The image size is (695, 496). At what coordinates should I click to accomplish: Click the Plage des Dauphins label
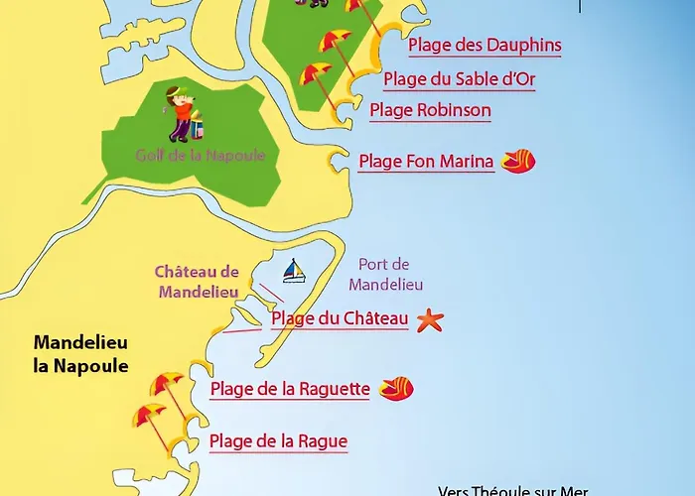(485, 46)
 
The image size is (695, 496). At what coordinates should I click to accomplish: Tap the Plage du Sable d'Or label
(459, 79)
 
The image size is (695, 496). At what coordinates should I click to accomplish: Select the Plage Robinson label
(430, 110)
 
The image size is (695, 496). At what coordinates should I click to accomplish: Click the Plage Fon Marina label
(426, 162)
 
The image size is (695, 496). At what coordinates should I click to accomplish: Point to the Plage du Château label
(340, 318)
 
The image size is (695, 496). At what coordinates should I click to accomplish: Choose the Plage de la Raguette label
(290, 390)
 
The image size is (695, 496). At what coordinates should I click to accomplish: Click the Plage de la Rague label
(278, 441)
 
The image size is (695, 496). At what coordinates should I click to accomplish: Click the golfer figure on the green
(182, 111)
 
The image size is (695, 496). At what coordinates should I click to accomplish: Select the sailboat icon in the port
(294, 271)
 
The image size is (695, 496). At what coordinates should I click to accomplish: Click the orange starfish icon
(430, 320)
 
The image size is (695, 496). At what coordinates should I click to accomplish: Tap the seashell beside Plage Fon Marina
(518, 161)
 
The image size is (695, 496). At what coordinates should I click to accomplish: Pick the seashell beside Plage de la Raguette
(396, 388)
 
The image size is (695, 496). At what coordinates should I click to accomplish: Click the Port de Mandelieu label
(386, 274)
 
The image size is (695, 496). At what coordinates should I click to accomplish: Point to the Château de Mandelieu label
(198, 282)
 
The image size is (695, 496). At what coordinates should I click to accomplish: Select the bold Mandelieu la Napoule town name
(81, 353)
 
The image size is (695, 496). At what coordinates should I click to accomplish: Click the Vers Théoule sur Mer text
(512, 490)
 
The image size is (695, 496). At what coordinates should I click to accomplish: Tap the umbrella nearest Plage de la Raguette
(166, 386)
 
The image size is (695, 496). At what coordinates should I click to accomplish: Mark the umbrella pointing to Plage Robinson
(316, 73)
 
